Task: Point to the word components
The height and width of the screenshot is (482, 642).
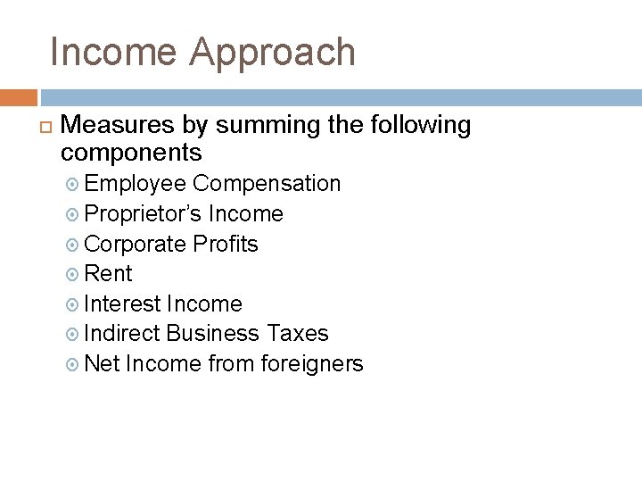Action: (x=132, y=152)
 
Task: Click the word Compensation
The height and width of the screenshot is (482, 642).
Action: (x=267, y=184)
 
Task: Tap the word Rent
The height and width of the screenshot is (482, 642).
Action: (x=109, y=273)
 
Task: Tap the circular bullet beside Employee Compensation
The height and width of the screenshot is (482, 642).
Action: (x=75, y=185)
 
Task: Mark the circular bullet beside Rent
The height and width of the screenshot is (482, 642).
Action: (x=75, y=274)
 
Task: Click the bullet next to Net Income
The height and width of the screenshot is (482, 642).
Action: (x=75, y=364)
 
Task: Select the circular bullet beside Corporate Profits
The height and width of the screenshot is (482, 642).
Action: (x=75, y=245)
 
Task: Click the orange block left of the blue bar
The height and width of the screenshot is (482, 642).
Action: (x=18, y=97)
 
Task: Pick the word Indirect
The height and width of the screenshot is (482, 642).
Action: (x=123, y=333)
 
